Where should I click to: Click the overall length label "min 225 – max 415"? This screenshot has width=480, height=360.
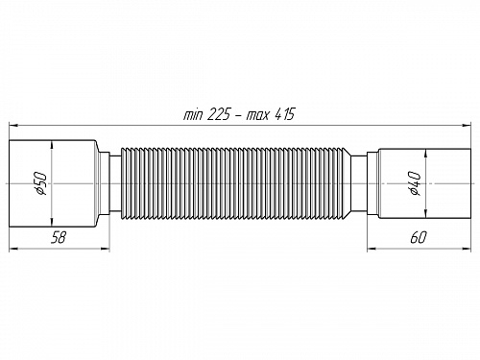tap(239, 114)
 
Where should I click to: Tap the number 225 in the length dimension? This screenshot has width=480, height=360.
tap(219, 114)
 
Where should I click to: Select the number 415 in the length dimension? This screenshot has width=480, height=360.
tap(284, 114)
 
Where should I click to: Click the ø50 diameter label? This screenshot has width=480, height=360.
tap(41, 183)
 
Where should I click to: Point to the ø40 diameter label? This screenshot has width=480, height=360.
tap(414, 183)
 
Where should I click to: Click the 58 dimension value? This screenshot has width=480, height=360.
tap(59, 238)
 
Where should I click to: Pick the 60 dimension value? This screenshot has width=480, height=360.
tap(419, 238)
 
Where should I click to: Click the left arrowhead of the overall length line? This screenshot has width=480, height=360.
tap(13, 125)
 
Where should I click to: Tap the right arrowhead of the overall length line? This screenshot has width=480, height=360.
tap(467, 125)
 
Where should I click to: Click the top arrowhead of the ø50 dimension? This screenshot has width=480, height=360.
tap(52, 146)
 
